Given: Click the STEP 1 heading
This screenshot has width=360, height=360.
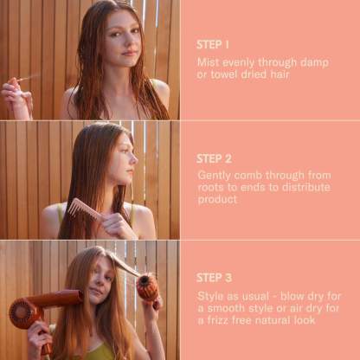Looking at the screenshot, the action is [213, 45].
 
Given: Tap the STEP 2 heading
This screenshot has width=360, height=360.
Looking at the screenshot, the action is [214, 158].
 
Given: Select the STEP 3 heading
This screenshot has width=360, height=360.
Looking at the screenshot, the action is [214, 278].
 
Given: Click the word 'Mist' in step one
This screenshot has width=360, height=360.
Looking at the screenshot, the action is [208, 62].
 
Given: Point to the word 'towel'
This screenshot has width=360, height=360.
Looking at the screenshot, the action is [224, 74].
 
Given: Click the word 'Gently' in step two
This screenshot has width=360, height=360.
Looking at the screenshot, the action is [215, 176].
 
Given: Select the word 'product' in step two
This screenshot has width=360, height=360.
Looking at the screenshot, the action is [217, 200].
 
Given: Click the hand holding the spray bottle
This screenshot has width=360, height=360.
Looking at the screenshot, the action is [16, 97].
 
